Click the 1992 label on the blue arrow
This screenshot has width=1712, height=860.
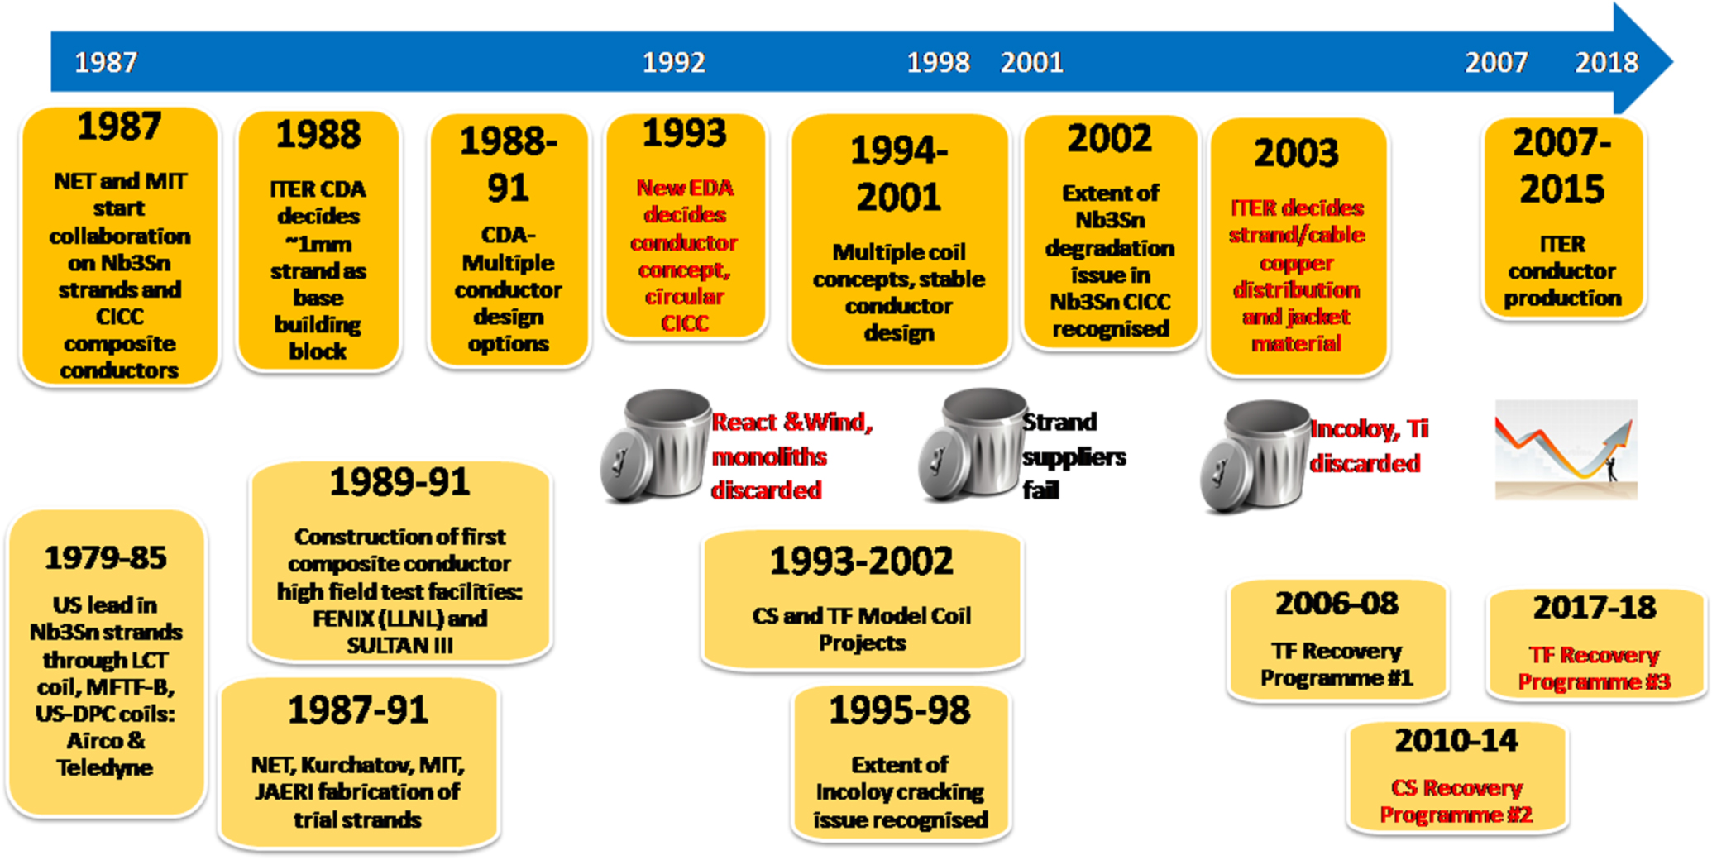674,62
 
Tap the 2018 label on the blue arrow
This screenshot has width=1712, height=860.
1606,62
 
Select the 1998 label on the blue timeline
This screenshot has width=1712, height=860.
938,62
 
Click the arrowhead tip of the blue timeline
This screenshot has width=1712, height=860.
1672,60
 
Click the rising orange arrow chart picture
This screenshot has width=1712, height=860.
1566,449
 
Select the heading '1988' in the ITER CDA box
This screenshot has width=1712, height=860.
318,134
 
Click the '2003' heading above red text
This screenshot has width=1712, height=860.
1296,153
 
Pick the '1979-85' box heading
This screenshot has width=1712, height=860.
105,557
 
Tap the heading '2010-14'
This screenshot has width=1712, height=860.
1456,740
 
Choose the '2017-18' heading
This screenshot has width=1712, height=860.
1595,608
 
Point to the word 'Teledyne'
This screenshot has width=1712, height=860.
105,767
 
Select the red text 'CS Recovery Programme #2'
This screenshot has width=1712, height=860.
1456,801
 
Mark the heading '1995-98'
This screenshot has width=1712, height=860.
900,710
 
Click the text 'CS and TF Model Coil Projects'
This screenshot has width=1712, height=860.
862,629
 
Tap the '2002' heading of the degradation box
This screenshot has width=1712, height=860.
1109,138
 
